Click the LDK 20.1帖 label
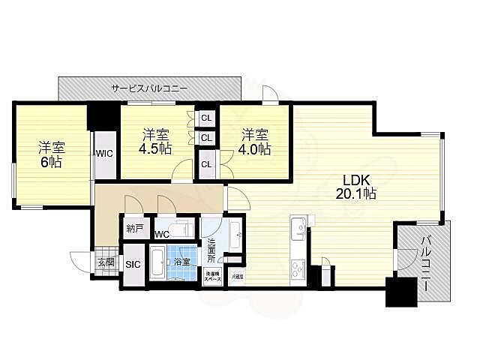[x=359, y=186]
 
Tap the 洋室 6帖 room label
[x=51, y=154]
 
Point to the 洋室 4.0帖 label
[x=255, y=141]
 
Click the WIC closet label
[x=103, y=153]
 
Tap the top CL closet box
[x=205, y=118]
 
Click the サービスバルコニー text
[x=149, y=88]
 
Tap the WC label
[x=161, y=235]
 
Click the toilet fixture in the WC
[x=181, y=227]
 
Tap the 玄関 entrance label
[x=106, y=262]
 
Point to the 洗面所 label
[x=211, y=249]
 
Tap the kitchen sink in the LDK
[x=297, y=226]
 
